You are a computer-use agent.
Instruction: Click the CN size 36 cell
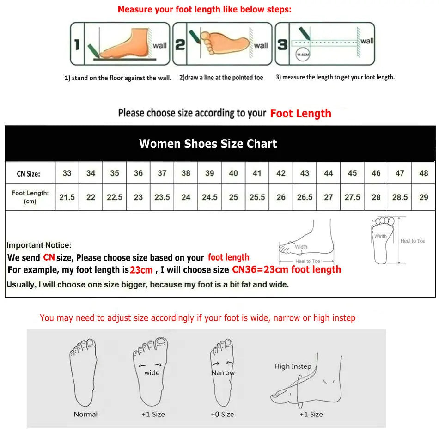138,173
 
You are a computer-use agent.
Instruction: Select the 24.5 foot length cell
209,197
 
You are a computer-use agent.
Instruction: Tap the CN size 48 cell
423,173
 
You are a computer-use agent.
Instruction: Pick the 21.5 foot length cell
67,197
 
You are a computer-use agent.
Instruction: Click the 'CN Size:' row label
29,174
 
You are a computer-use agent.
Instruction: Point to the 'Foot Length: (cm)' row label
30,197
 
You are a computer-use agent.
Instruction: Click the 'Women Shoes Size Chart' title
208,144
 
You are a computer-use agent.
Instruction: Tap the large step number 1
77,44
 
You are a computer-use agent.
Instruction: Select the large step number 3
282,44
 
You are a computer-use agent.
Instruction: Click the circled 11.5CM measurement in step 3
303,55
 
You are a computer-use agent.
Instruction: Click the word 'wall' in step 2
261,45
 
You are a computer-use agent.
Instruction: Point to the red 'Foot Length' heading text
301,113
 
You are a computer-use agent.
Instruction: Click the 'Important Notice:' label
39,245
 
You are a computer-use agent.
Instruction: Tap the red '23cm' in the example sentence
141,270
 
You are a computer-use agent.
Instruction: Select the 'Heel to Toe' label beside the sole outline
413,241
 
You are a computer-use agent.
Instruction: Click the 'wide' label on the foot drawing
152,372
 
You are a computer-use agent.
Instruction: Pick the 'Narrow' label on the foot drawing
223,372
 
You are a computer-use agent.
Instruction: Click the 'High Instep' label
293,366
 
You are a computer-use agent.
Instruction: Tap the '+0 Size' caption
222,414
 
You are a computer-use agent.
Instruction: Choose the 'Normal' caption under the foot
85,414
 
